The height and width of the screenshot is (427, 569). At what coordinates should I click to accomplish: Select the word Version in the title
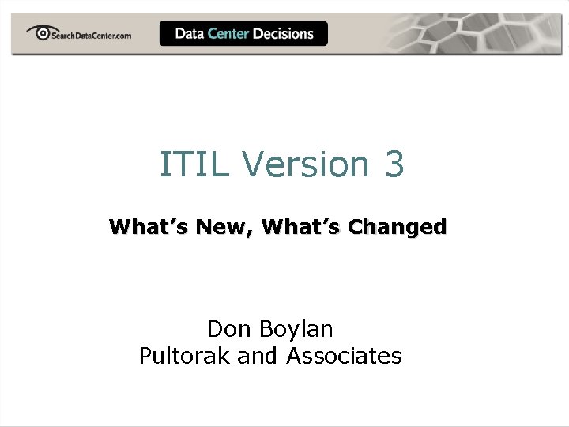tap(306, 164)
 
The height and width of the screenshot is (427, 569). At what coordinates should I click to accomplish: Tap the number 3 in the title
tap(394, 164)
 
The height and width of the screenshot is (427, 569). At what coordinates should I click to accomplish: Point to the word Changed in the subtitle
tap(398, 228)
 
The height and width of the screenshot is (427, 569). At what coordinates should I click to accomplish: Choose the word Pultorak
tap(184, 356)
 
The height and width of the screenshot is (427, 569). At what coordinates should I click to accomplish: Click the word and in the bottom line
tap(258, 356)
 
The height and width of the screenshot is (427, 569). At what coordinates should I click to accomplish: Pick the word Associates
tap(344, 356)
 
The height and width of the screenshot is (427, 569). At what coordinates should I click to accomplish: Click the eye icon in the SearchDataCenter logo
tap(39, 32)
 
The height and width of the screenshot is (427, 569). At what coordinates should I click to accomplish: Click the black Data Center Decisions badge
tap(243, 33)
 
